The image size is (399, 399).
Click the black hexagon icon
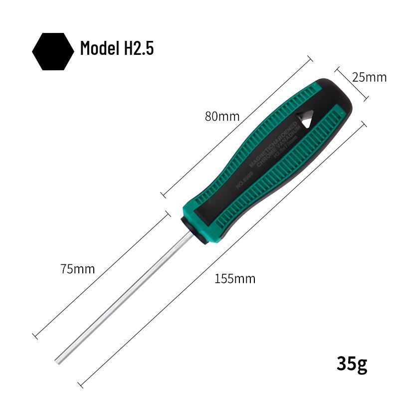(x=53, y=51)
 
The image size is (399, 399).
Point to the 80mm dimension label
(x=222, y=117)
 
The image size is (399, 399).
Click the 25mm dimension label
(x=369, y=77)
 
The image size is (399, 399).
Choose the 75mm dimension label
(x=77, y=269)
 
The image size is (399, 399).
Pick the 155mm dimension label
(x=235, y=279)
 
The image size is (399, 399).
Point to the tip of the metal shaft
(x=59, y=360)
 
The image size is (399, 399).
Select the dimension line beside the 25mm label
(x=351, y=83)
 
